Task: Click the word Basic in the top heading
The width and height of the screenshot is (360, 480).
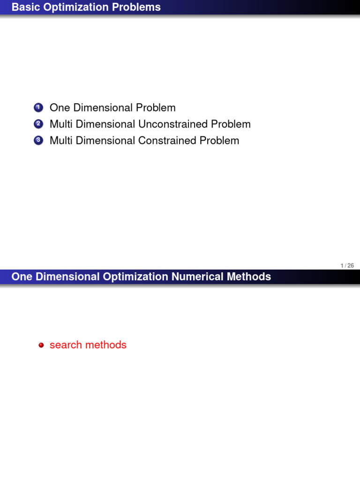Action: [24, 7]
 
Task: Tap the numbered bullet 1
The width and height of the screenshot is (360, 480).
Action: [38, 108]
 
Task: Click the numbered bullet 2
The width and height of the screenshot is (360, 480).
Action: [38, 124]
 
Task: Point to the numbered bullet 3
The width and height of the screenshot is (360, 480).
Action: [38, 141]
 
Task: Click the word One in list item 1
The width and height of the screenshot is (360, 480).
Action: [60, 108]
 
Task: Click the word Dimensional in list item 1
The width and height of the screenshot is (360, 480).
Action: [103, 108]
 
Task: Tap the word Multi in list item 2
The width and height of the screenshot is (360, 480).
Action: [61, 124]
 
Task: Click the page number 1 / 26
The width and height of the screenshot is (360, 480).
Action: [347, 266]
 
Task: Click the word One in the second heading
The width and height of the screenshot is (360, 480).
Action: [22, 277]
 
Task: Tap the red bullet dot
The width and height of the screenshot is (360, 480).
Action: [41, 345]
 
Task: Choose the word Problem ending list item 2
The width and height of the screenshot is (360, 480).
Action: [231, 124]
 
